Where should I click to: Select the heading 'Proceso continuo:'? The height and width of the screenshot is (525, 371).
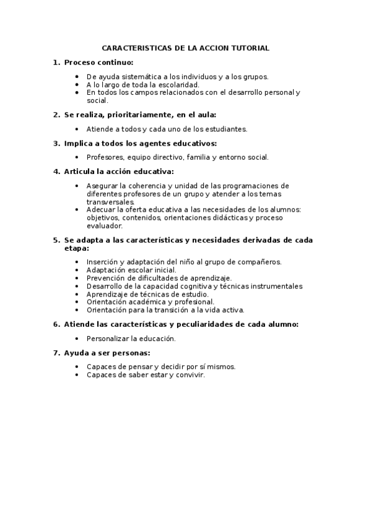[98, 63]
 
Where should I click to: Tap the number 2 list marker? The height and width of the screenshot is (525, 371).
[56, 115]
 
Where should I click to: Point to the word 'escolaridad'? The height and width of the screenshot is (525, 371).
[177, 85]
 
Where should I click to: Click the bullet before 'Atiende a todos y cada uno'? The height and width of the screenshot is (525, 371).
[76, 129]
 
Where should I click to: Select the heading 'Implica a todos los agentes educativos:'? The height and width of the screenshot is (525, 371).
[141, 144]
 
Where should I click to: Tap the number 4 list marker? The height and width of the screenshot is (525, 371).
[56, 171]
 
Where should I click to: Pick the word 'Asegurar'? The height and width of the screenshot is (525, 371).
[102, 186]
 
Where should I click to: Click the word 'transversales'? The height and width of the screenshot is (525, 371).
[110, 202]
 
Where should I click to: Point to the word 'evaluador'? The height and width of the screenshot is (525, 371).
[105, 226]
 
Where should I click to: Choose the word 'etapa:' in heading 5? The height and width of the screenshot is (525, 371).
[77, 248]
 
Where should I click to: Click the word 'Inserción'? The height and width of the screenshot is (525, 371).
[102, 262]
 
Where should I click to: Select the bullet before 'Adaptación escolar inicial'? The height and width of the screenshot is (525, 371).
[76, 270]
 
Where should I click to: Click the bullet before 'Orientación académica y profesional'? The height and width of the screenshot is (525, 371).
[76, 302]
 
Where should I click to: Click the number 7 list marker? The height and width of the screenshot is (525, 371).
[56, 353]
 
